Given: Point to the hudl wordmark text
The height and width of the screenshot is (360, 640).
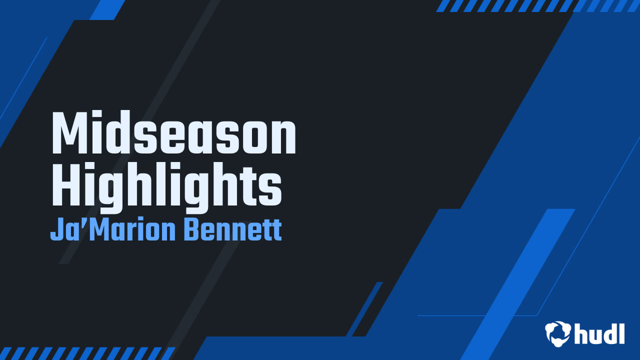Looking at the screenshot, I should [x=599, y=333].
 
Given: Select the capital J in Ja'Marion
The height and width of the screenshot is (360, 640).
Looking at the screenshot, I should [x=56, y=230].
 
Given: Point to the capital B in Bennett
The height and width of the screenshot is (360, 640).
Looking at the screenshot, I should [x=192, y=230].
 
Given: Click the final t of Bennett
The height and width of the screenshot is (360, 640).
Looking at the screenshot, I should [x=276, y=231].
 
